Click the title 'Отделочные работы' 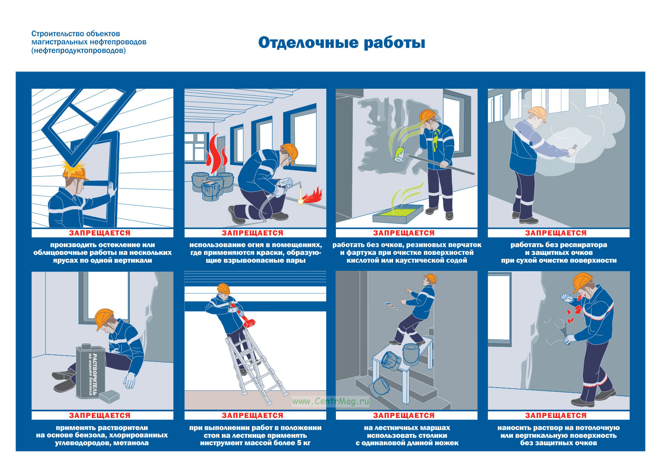click(x=341, y=43)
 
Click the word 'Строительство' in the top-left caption click(x=53, y=34)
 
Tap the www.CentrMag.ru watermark click(x=330, y=401)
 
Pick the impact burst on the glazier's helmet click(x=73, y=167)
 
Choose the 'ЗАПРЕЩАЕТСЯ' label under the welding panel click(x=253, y=233)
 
